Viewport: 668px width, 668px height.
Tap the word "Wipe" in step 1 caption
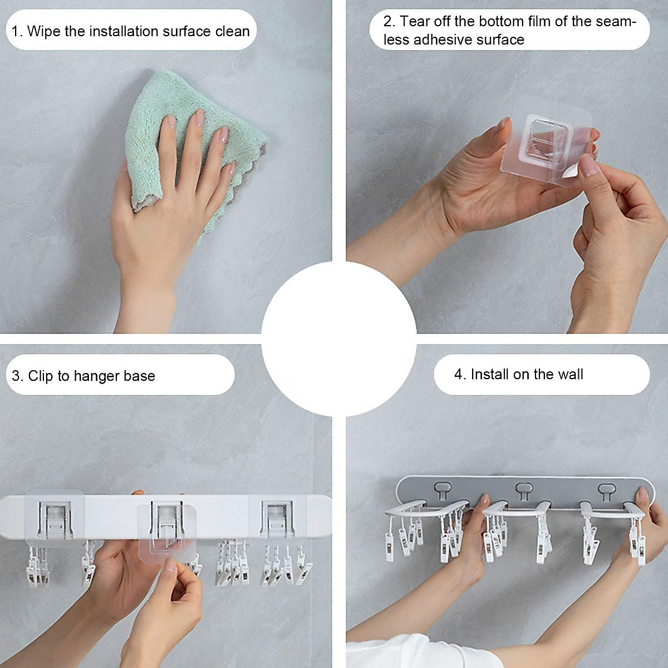click(43, 31)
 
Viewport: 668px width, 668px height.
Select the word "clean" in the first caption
click(233, 31)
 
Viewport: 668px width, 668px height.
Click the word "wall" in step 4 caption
click(570, 375)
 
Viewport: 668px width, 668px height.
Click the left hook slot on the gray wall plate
click(443, 490)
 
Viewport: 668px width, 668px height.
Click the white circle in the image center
click(338, 338)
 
